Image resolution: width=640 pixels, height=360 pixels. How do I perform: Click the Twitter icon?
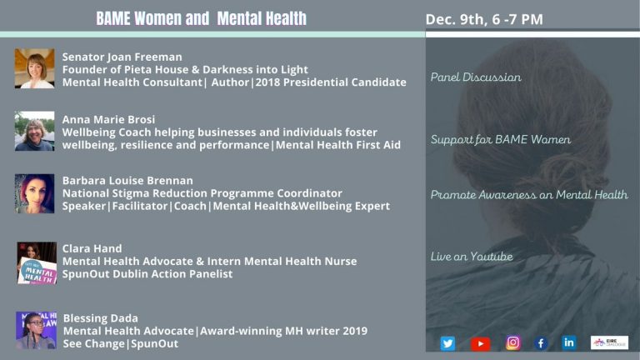point(447,342)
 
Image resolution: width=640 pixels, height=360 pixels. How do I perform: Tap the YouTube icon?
point(480,342)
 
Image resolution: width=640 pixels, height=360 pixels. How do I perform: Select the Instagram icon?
point(513,342)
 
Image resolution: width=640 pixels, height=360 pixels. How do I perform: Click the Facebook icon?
point(541,342)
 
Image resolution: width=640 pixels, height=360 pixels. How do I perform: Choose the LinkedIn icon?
point(569,342)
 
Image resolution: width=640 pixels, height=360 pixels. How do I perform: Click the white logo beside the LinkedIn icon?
point(609,342)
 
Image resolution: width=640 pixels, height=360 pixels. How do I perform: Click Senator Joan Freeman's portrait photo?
point(34,68)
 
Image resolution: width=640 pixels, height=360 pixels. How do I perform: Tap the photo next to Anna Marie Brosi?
point(34,131)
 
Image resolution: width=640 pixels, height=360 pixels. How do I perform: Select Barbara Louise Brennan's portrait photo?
point(34,193)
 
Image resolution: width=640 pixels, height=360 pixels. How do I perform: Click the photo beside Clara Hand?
point(37,263)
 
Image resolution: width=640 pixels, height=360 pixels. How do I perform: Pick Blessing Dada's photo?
point(35,330)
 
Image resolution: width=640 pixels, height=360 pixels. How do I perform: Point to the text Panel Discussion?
point(476,77)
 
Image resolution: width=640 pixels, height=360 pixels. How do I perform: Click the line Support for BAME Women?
point(500,139)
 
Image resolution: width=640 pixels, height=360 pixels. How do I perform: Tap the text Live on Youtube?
point(471,257)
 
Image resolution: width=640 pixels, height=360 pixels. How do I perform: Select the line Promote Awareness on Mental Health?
point(528,195)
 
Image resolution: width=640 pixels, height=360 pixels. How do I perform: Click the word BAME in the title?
point(117,18)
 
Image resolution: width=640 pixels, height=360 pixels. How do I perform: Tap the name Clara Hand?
point(92,248)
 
